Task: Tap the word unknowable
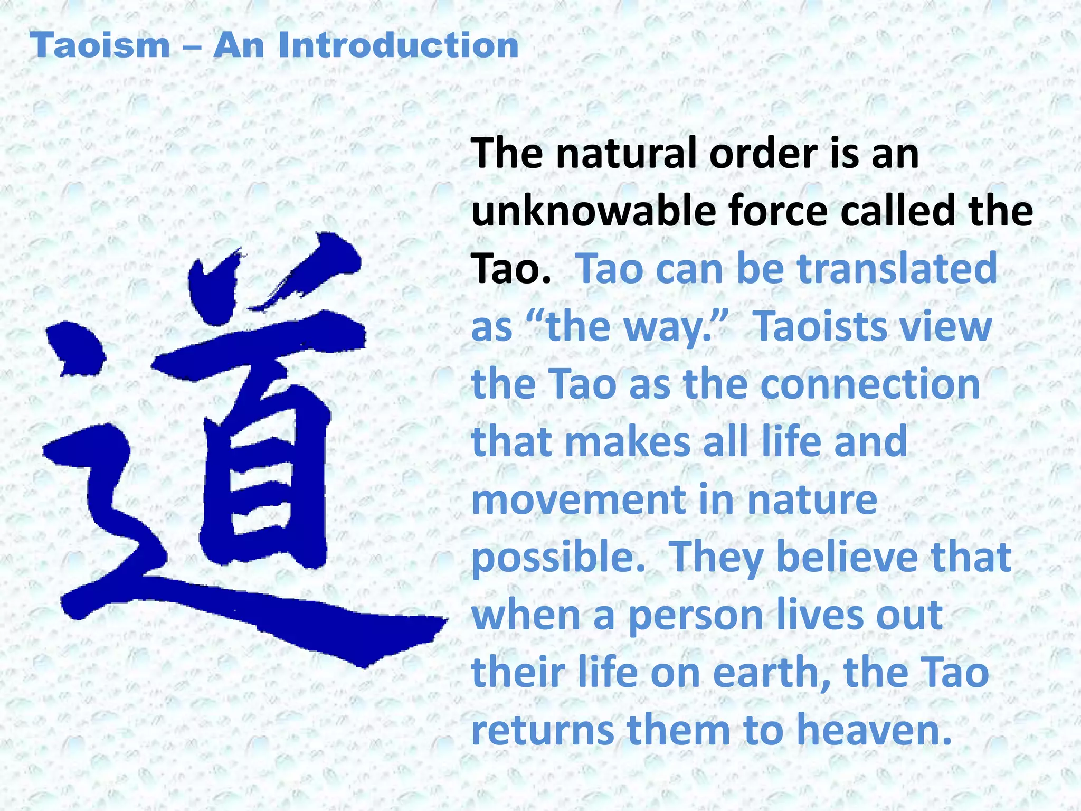point(593,211)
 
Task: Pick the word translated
point(897,269)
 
